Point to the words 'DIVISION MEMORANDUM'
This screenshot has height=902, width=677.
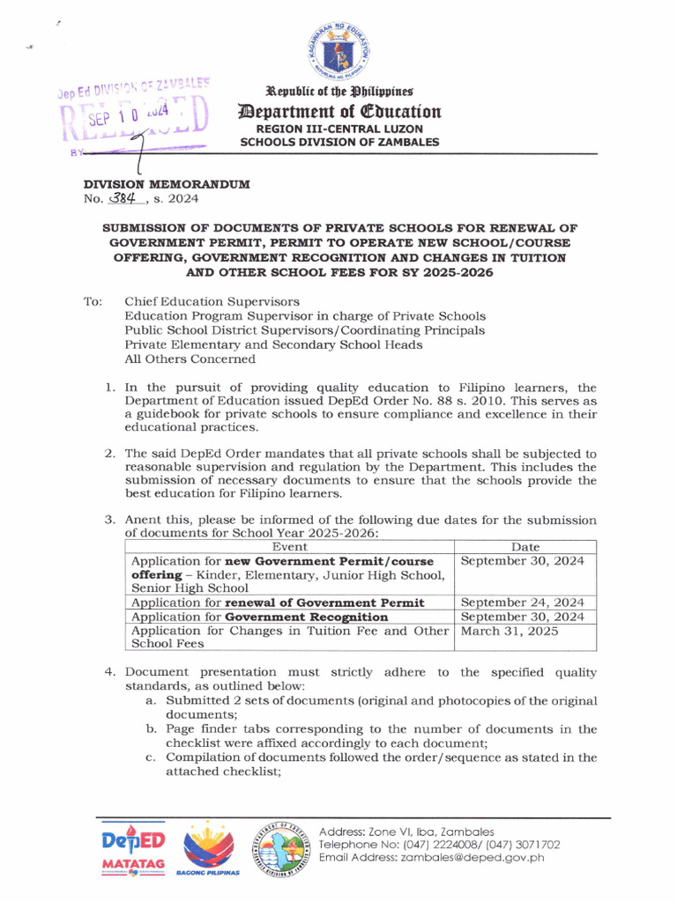[167, 184]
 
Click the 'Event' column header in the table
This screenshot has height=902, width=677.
[290, 547]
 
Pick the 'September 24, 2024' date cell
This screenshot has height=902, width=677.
[523, 603]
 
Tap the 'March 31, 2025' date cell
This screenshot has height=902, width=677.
[510, 631]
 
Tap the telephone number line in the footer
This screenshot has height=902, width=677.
[439, 844]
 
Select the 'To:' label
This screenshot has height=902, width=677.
[93, 301]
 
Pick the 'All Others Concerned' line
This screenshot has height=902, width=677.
[190, 359]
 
